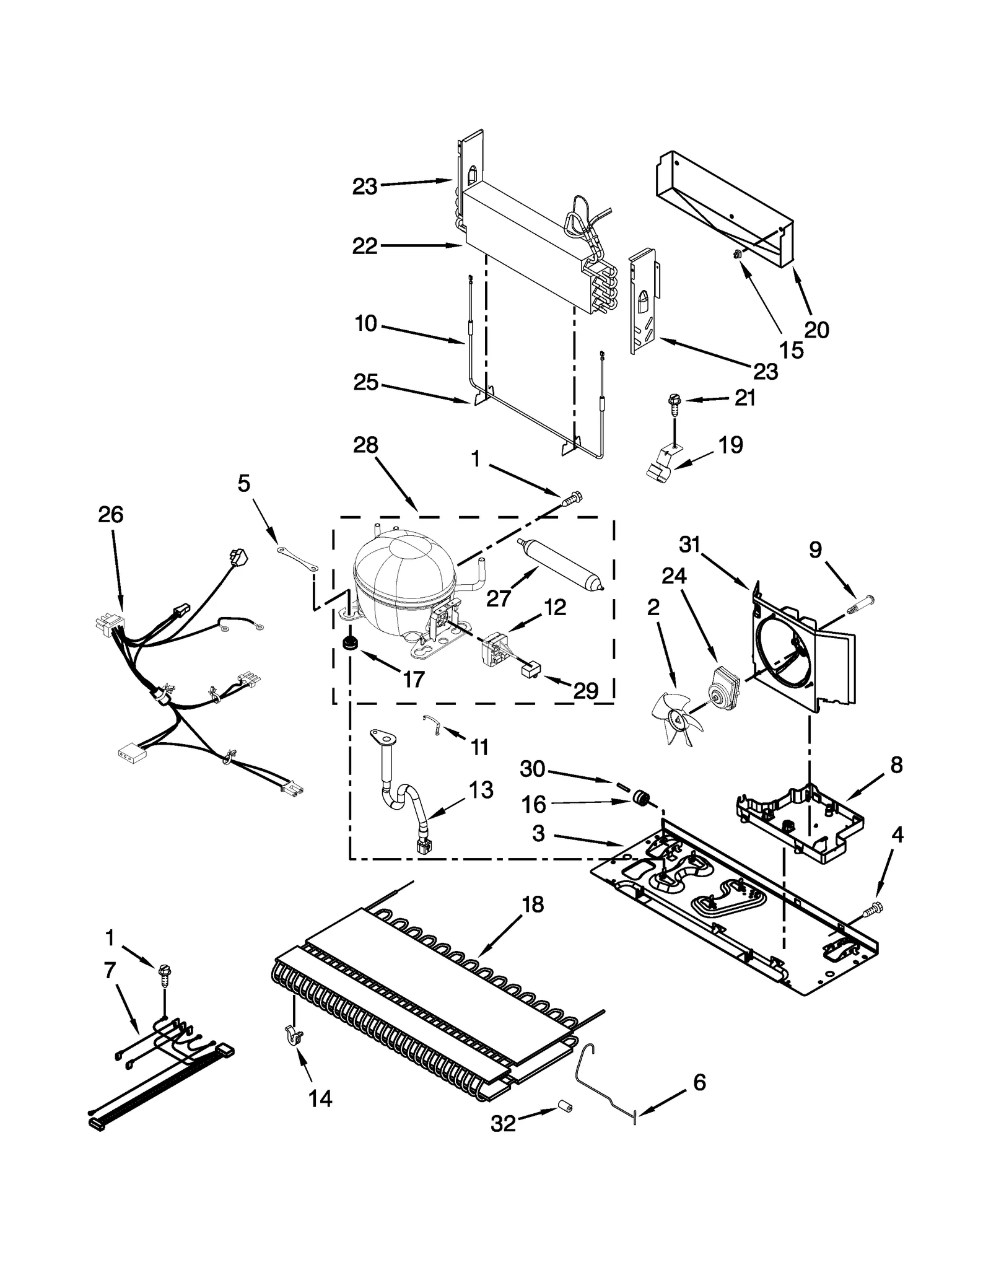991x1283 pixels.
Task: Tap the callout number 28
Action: pyautogui.click(x=365, y=445)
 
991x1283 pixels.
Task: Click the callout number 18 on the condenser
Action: pyautogui.click(x=533, y=905)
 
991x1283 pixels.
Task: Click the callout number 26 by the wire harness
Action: pyautogui.click(x=111, y=514)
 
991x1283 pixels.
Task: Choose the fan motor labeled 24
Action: pyautogui.click(x=725, y=685)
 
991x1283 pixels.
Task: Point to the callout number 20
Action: pyautogui.click(x=816, y=330)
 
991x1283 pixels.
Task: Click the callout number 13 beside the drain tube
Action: pyautogui.click(x=480, y=790)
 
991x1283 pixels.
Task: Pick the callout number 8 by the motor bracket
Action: pyautogui.click(x=896, y=766)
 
